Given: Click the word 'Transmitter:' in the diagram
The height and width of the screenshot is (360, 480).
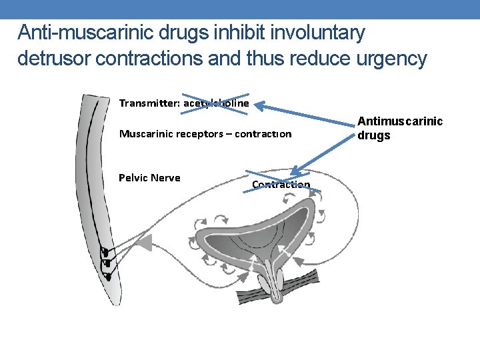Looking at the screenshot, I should [x=148, y=103].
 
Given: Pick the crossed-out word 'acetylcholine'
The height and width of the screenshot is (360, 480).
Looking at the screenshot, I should [x=215, y=103].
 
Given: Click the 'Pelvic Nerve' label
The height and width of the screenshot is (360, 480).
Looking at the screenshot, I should [x=149, y=177].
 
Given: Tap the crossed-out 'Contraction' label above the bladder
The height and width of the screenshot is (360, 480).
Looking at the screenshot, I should [x=281, y=185].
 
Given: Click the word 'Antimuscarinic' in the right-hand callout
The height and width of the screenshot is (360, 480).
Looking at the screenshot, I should [x=400, y=121].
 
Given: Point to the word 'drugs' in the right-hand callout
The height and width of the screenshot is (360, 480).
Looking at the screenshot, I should [x=374, y=135].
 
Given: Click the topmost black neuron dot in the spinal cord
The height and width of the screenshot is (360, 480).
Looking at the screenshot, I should [x=104, y=252].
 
